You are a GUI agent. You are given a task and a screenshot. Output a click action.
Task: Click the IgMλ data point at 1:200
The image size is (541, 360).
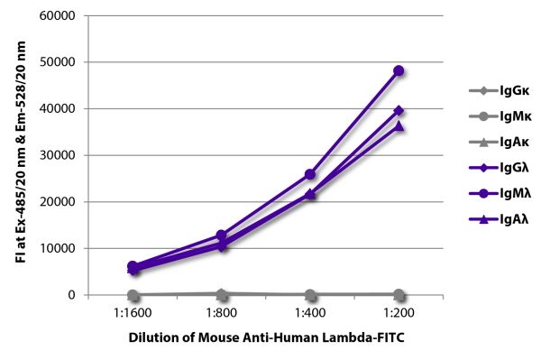coord(399,70)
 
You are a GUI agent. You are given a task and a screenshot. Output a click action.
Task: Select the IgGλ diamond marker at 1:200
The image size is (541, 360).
coord(399,111)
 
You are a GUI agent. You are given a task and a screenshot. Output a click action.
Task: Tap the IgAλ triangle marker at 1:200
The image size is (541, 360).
coord(399,125)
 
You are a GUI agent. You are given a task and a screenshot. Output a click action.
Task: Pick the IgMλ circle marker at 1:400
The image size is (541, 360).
coord(310,174)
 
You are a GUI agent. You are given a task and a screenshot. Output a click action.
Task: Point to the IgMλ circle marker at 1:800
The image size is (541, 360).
coord(222,235)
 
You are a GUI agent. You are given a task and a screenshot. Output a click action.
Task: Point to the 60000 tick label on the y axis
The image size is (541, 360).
coord(55,16)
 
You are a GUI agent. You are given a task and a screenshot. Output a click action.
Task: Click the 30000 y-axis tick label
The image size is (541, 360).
coord(55,155)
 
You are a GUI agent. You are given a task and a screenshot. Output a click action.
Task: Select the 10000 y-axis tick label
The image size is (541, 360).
coord(55,248)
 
